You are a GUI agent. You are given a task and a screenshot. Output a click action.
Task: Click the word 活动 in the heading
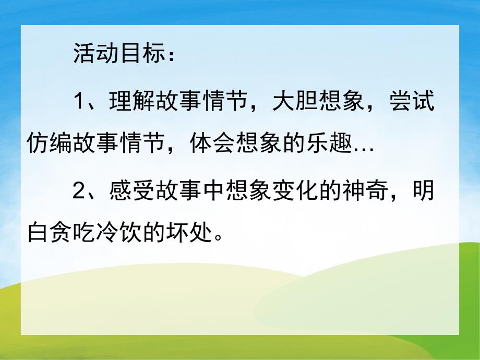[93, 54]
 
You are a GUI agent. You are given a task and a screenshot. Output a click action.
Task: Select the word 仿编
[48, 142]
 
